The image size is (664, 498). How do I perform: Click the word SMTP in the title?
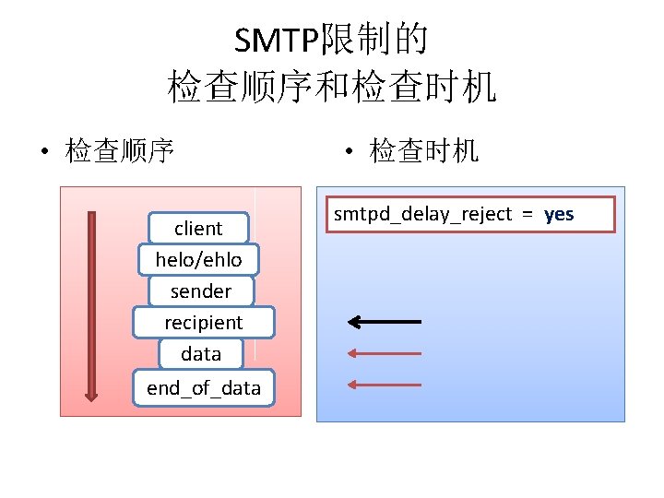point(275,41)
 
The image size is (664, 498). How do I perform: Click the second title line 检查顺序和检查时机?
point(332,87)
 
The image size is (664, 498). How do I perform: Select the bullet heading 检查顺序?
point(120,150)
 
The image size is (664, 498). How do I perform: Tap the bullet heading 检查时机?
point(424,150)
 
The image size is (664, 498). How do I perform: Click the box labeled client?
point(198,229)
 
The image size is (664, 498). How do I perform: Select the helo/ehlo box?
point(198,260)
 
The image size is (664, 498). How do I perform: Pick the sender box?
point(200,291)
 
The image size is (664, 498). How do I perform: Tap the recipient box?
point(203,323)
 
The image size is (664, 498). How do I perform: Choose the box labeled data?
point(201,354)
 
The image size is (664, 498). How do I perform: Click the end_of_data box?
point(203,388)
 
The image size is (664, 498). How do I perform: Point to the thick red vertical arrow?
point(91,304)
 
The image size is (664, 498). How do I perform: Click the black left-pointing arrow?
point(384,321)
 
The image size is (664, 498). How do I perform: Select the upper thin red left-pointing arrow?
point(384,353)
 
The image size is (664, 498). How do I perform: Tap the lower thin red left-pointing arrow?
point(384,385)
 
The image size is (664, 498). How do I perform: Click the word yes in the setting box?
point(559,214)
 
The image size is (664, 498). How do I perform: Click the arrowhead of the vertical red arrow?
point(91,394)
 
